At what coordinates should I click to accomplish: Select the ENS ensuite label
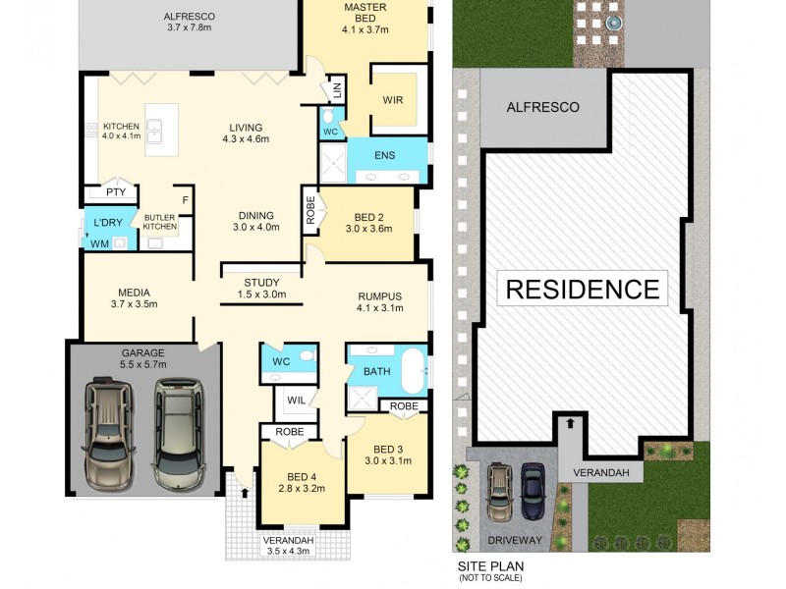pyautogui.click(x=385, y=156)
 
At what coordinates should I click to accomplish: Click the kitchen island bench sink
pyautogui.click(x=155, y=127)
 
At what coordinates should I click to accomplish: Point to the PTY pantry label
pyautogui.click(x=116, y=192)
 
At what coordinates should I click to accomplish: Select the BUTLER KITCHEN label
pyautogui.click(x=160, y=222)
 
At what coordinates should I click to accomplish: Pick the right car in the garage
pyautogui.click(x=177, y=435)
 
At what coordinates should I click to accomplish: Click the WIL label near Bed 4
pyautogui.click(x=296, y=401)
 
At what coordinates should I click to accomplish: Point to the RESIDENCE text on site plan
pyautogui.click(x=582, y=289)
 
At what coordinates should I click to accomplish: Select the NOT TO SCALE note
pyautogui.click(x=490, y=578)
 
